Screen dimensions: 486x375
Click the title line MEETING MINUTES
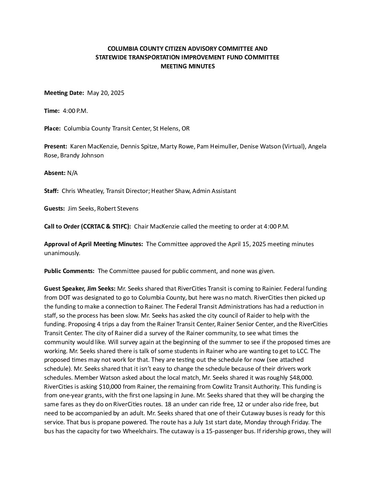point(187,66)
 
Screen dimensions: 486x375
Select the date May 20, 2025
point(105,93)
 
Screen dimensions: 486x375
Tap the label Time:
point(52,111)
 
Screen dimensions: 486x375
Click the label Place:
point(52,128)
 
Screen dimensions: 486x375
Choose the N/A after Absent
point(72,173)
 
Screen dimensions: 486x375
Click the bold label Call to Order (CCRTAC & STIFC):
point(88,226)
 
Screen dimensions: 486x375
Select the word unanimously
point(62,253)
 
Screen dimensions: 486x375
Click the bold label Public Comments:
point(69,271)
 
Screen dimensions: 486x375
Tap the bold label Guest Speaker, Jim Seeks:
point(80,289)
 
